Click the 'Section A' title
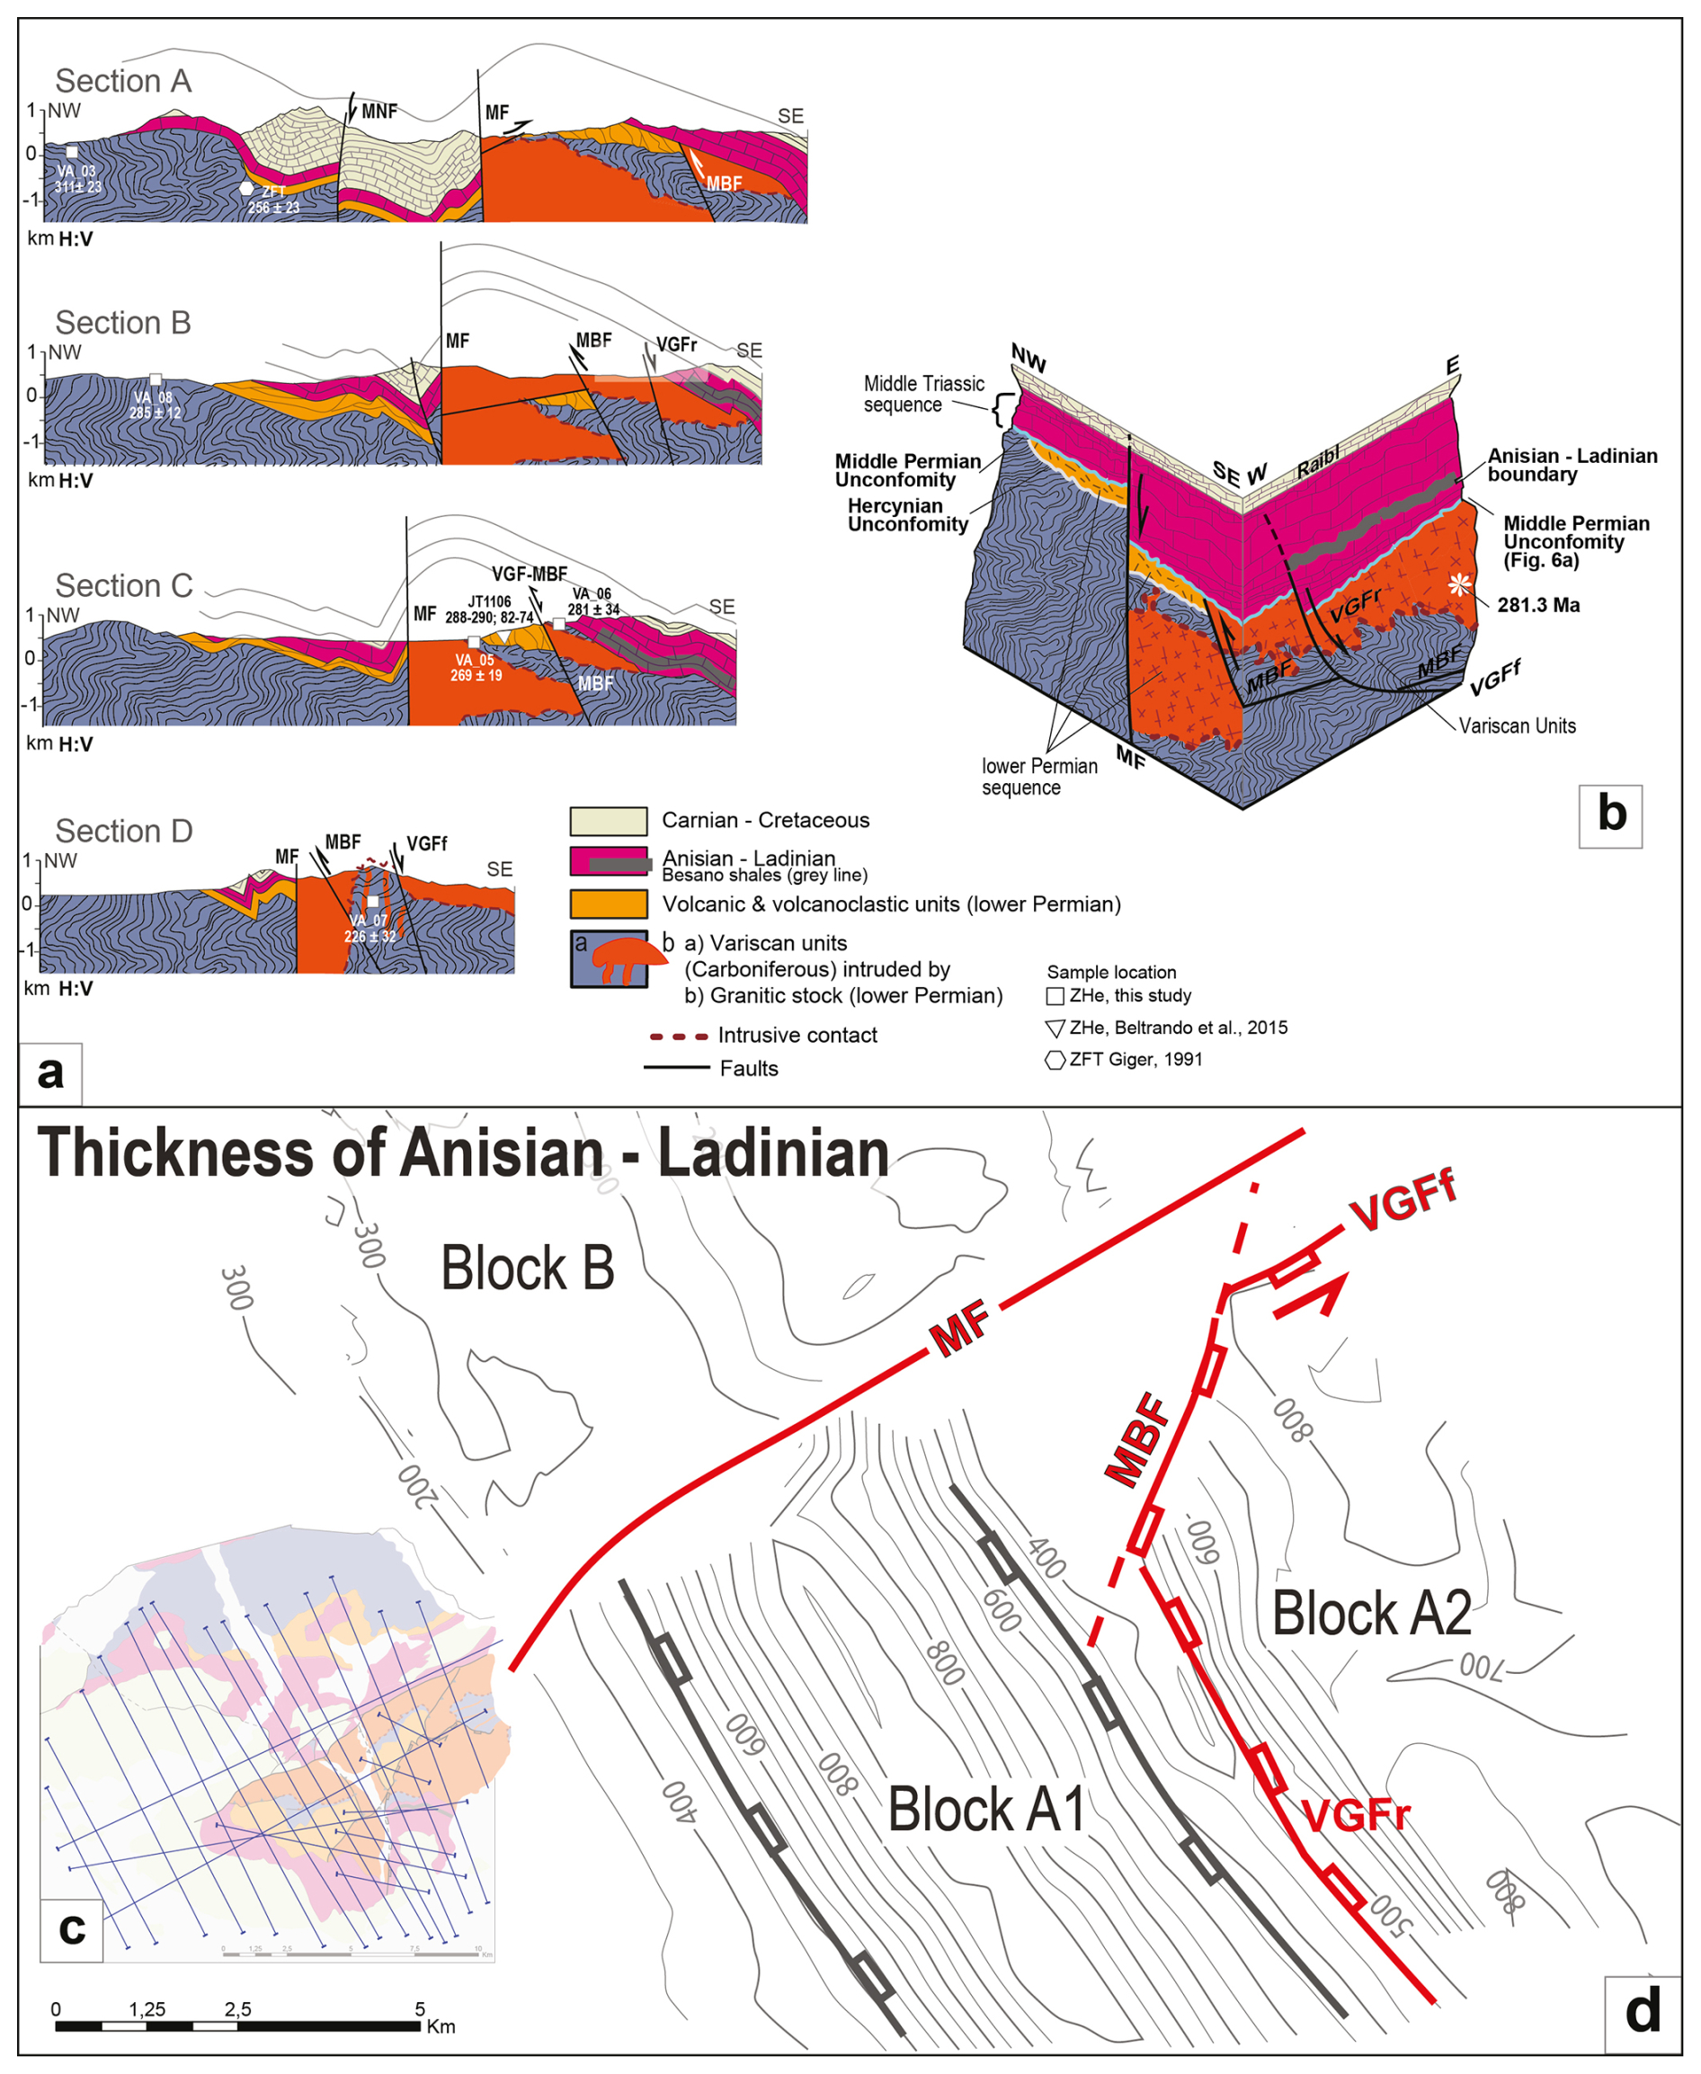[122, 80]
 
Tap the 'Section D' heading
[123, 831]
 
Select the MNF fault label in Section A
[379, 111]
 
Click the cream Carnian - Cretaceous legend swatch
[609, 821]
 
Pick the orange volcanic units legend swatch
[609, 903]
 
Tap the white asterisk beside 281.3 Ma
[1460, 585]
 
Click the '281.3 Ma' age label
[1538, 605]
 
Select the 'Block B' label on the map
[527, 1268]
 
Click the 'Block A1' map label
[985, 1809]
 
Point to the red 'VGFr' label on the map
[1356, 1815]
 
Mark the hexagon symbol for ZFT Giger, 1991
[1055, 1060]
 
